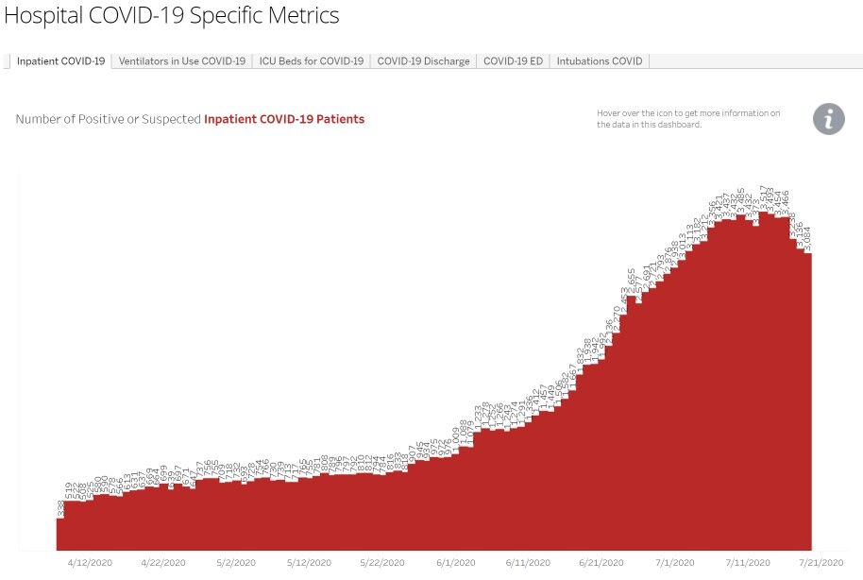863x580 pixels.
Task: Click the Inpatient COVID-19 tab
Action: click(x=60, y=61)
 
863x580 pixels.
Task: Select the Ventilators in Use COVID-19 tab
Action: click(x=182, y=61)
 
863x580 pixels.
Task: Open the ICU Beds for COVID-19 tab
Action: click(x=312, y=61)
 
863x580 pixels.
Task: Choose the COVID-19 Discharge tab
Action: click(x=423, y=61)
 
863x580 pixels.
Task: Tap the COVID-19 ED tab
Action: click(x=513, y=61)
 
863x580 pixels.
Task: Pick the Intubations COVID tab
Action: click(x=600, y=61)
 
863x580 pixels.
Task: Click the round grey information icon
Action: click(x=829, y=119)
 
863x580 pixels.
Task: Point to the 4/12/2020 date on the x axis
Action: click(x=90, y=562)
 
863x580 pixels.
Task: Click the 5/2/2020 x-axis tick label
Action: click(x=237, y=562)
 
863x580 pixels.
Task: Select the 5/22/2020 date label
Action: click(x=383, y=562)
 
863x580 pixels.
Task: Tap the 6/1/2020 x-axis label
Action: click(x=457, y=562)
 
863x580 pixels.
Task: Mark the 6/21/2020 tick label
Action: click(x=603, y=562)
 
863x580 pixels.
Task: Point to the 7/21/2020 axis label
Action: click(x=822, y=562)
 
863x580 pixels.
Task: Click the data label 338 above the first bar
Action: click(x=61, y=508)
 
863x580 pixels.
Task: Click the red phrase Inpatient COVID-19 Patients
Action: click(x=284, y=120)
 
